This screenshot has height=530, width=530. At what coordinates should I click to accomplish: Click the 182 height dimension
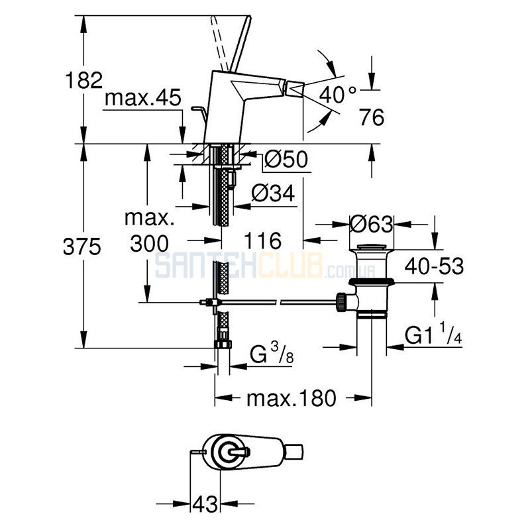pyautogui.click(x=83, y=80)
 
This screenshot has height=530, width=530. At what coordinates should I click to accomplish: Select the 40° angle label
pyautogui.click(x=338, y=94)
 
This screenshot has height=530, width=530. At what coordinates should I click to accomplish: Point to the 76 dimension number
pyautogui.click(x=372, y=117)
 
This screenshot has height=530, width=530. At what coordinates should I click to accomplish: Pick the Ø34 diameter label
pyautogui.click(x=273, y=193)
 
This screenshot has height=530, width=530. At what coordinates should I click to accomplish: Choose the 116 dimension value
pyautogui.click(x=262, y=240)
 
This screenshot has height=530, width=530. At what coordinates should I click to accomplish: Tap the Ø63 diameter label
pyautogui.click(x=372, y=223)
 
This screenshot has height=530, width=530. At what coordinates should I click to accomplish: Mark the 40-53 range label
pyautogui.click(x=435, y=266)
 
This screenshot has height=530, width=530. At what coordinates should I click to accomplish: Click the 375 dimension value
pyautogui.click(x=81, y=246)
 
